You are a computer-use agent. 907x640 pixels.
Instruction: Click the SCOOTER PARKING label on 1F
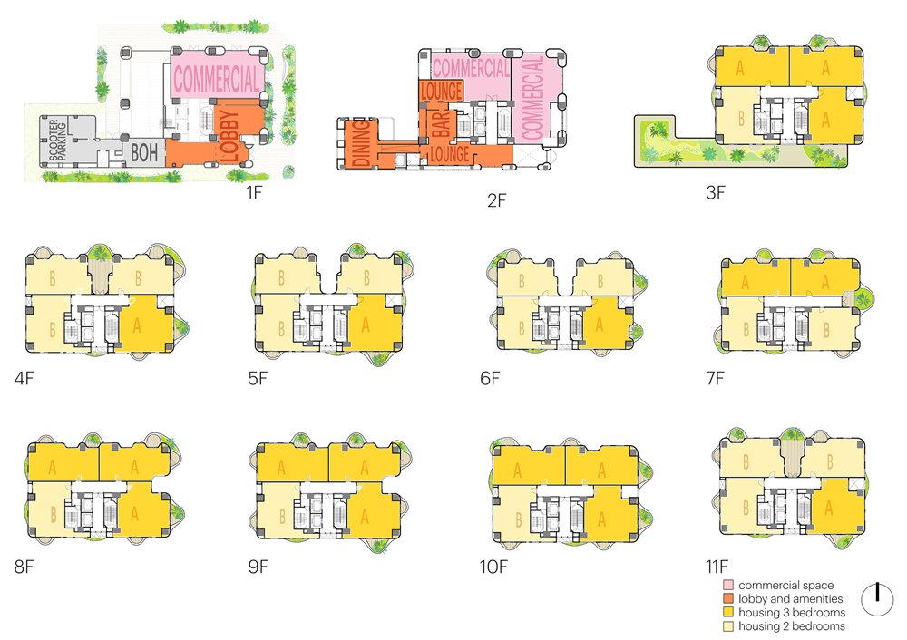tap(58, 140)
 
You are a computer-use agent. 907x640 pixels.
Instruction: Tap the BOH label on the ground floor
tap(144, 152)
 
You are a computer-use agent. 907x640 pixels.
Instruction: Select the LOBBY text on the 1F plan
tap(229, 136)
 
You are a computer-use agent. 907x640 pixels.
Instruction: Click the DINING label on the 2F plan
tap(361, 143)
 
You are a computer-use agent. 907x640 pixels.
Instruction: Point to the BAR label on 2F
tap(441, 124)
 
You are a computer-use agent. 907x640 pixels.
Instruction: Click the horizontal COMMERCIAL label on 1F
tap(217, 79)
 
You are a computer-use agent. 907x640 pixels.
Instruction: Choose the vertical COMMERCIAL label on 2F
tap(532, 98)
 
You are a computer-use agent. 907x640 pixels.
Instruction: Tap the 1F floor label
tap(254, 192)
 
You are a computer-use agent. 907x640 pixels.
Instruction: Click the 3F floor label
tap(715, 192)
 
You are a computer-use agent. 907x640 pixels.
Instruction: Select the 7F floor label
tap(715, 378)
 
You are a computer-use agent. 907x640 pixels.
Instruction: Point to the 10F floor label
tap(493, 567)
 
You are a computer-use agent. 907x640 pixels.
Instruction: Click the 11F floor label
tap(717, 567)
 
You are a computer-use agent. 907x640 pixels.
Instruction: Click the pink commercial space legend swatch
tap(728, 585)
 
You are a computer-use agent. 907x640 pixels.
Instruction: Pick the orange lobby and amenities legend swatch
tap(728, 598)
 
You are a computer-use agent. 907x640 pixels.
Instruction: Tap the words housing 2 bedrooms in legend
tap(791, 626)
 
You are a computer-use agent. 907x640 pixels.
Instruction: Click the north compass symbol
tap(877, 599)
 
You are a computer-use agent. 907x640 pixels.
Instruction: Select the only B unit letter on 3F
tap(741, 119)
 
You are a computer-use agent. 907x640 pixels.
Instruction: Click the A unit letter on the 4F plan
tap(137, 325)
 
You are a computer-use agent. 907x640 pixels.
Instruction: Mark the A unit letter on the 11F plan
tap(829, 509)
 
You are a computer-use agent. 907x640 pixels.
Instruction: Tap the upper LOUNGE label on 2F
tap(442, 91)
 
